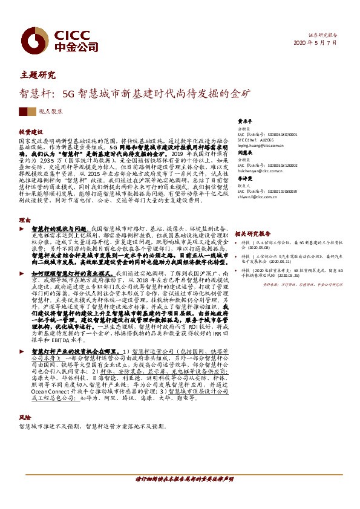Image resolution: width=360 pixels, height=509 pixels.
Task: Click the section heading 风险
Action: pyautogui.click(x=24, y=417)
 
